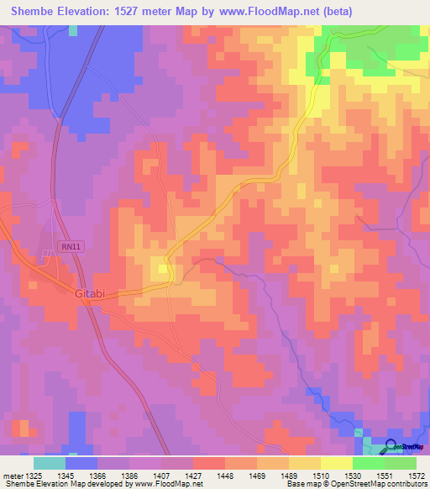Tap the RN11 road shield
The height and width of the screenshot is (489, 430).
click(x=70, y=246)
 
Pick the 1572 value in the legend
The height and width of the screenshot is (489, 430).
click(x=415, y=476)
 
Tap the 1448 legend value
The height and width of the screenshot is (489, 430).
click(x=224, y=476)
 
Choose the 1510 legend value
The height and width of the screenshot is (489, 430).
click(x=320, y=476)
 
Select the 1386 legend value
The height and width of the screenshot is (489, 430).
click(x=128, y=476)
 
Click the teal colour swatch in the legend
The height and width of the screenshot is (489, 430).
click(x=49, y=463)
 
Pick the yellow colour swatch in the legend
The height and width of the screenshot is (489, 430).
click(x=336, y=463)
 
